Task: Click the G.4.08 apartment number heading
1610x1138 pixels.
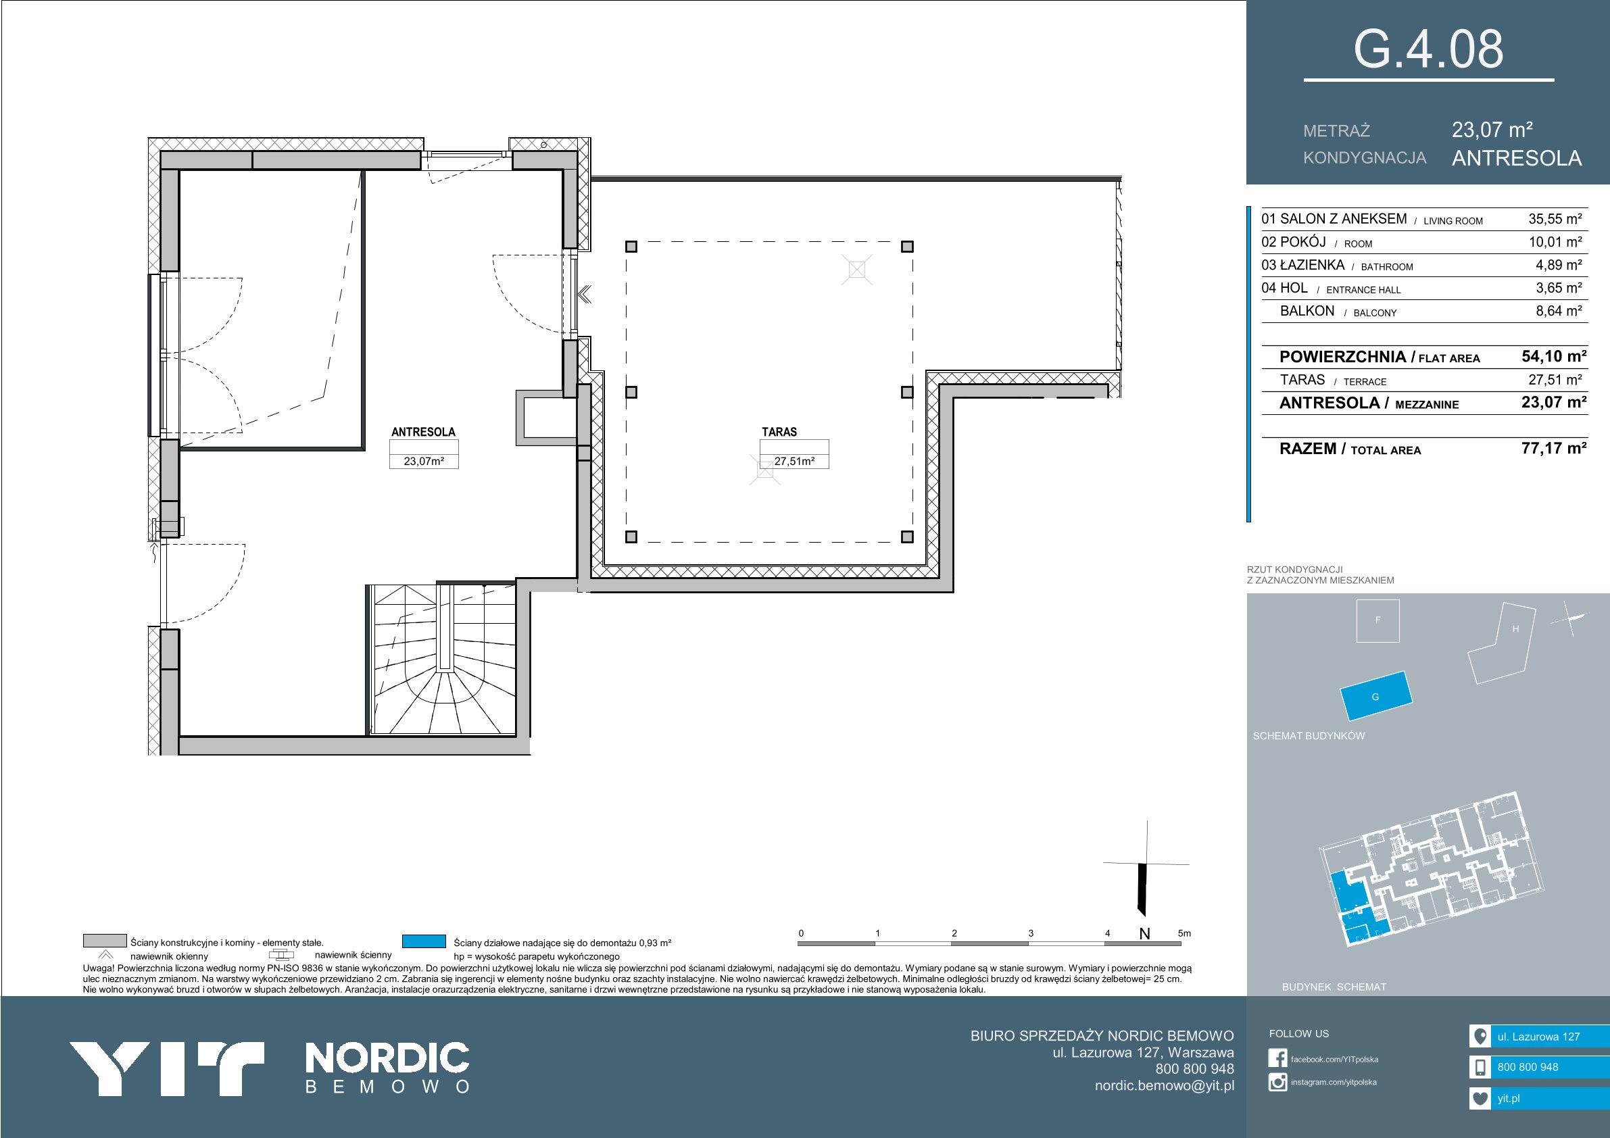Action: [x=1428, y=49]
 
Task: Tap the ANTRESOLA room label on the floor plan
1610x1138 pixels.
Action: [x=423, y=432]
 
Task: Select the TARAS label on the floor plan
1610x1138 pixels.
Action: [x=779, y=432]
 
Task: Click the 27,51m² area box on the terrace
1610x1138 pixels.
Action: [x=794, y=462]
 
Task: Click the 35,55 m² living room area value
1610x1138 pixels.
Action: [x=1555, y=219]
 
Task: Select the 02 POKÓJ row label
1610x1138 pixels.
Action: [x=1294, y=242]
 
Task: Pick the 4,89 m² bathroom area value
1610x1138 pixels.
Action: [x=1559, y=265]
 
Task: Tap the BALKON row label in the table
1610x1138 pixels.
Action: [x=1307, y=312]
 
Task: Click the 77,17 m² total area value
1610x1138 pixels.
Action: [x=1554, y=448]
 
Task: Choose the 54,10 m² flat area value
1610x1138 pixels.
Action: [x=1554, y=356]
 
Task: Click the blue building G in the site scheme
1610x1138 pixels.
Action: [x=1375, y=696]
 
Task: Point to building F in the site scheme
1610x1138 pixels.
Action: [x=1378, y=620]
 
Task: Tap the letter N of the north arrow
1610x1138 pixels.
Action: [x=1144, y=934]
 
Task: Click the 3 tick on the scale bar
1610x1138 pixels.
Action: [x=1031, y=933]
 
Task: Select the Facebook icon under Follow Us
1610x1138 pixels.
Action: [x=1277, y=1059]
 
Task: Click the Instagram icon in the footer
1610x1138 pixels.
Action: [x=1277, y=1082]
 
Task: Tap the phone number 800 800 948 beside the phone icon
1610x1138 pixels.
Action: [x=1528, y=1067]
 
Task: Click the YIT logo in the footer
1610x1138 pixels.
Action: [x=166, y=1068]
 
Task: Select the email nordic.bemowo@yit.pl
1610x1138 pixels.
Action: [x=1165, y=1085]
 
